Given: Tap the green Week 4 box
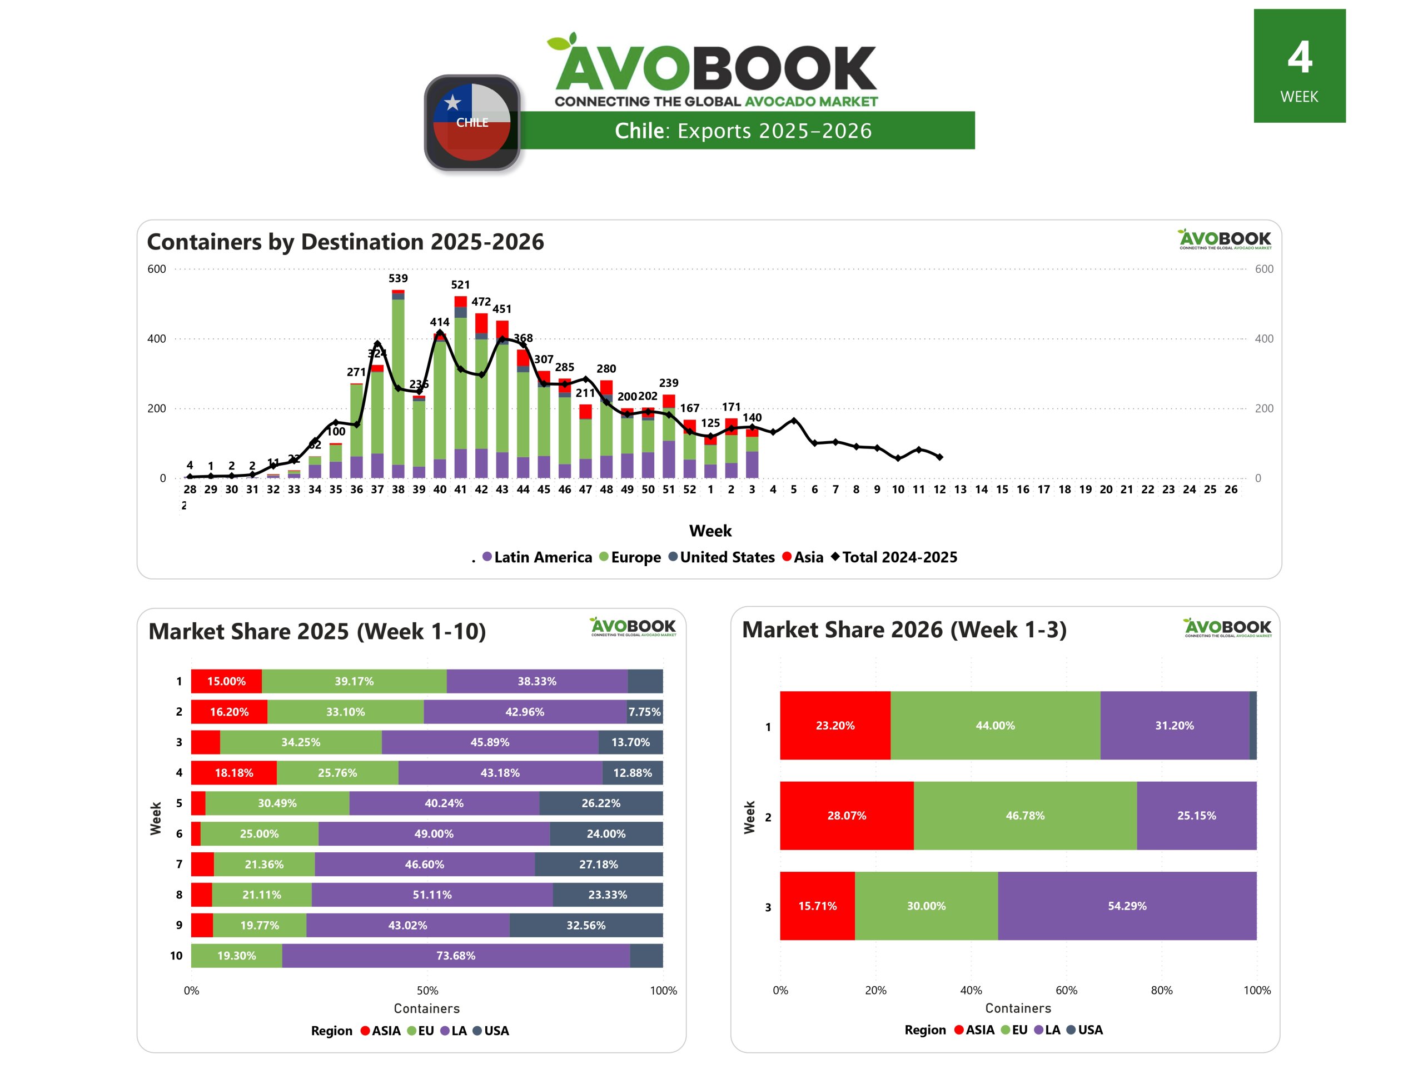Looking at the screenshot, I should click(1298, 66).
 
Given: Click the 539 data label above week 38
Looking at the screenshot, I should click(397, 278).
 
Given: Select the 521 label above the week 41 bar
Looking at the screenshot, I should click(460, 284).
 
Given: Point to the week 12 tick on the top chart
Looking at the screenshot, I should click(939, 489).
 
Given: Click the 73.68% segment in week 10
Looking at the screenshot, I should click(456, 956).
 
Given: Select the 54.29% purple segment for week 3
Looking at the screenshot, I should click(1127, 906).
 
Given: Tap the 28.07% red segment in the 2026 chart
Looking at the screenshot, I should click(846, 816).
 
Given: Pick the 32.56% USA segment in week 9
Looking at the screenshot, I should click(585, 925).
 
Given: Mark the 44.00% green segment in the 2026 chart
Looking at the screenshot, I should click(994, 725).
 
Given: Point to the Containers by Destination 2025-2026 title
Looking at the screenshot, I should click(345, 241).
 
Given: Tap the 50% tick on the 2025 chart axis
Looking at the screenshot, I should click(427, 991).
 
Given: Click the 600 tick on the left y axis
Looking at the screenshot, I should click(157, 269).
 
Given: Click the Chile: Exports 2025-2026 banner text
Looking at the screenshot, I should click(743, 131).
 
